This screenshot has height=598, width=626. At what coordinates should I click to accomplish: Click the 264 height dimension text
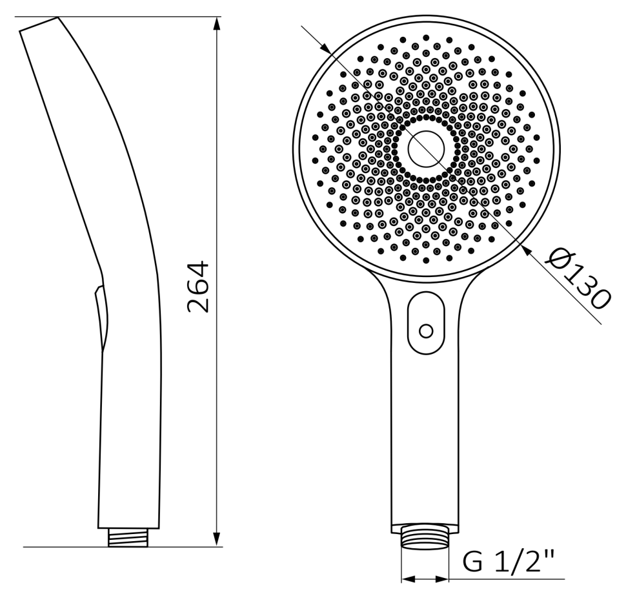click(198, 287)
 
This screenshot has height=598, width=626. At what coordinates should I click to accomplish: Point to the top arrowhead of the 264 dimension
click(217, 24)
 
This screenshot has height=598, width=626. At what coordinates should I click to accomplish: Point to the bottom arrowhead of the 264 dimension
click(217, 539)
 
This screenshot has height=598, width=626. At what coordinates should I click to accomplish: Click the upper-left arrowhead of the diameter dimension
click(326, 48)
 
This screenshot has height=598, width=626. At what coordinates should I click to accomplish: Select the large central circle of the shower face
click(426, 149)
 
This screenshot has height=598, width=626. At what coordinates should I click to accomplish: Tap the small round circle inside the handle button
click(426, 331)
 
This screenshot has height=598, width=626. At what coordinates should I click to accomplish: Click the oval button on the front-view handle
click(426, 323)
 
